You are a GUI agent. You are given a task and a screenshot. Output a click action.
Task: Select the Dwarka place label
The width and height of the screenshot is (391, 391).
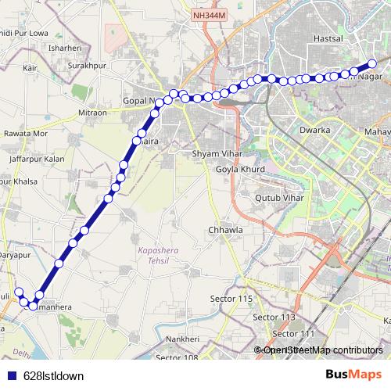(314, 129)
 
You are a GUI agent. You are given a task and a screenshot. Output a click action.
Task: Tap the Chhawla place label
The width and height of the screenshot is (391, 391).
(225, 231)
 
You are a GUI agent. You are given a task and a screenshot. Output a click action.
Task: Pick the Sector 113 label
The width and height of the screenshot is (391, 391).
(274, 317)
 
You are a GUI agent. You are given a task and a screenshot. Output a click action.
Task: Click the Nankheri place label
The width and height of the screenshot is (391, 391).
(188, 339)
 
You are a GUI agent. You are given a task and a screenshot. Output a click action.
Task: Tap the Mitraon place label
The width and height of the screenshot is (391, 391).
(92, 113)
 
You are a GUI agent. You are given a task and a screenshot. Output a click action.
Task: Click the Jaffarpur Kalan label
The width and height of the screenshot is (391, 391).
(37, 159)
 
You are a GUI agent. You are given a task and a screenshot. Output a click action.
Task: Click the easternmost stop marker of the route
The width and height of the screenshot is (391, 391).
(373, 63)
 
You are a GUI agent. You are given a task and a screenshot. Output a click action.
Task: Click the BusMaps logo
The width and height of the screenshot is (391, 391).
(353, 375)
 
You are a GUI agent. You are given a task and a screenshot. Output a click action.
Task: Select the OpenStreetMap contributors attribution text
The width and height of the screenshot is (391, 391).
(323, 350)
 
